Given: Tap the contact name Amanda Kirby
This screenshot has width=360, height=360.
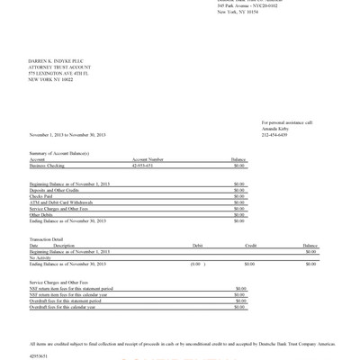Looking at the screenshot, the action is pos(274,128).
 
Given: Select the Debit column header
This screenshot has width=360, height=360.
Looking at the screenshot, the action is pos(197,245).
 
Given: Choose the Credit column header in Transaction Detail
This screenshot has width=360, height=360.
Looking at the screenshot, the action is pos(251,245).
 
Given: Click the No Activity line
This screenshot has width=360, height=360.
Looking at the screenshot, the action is pos(42,256).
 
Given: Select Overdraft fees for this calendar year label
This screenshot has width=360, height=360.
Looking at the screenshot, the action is pos(68,307).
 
